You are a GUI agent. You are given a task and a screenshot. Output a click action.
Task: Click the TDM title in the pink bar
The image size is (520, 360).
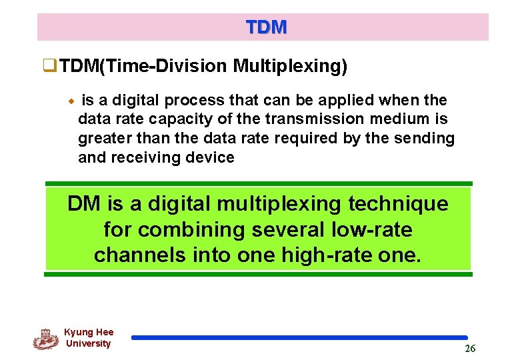tap(266, 27)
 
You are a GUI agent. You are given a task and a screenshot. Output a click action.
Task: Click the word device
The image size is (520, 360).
tap(211, 158)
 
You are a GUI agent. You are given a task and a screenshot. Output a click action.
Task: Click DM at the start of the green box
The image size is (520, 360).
tap(81, 204)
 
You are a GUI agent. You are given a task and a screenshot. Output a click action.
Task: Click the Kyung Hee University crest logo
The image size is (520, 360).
tap(46, 339)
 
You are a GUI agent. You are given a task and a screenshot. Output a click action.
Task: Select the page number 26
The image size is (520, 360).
tap(470, 349)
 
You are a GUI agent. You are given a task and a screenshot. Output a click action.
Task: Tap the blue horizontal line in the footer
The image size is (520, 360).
tap(299, 338)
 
